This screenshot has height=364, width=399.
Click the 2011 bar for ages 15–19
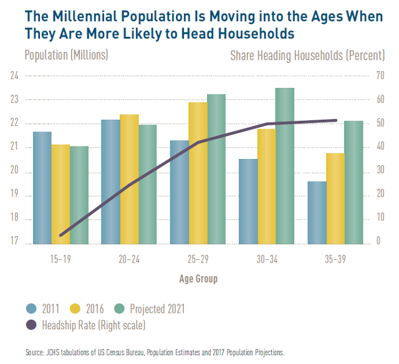pyautogui.click(x=42, y=187)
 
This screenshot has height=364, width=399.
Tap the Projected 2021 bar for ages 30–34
pyautogui.click(x=285, y=165)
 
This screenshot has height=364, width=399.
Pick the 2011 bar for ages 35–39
pyautogui.click(x=317, y=212)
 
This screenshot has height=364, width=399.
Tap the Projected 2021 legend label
pyautogui.click(x=157, y=308)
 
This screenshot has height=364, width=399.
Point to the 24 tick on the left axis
pyautogui.click(x=14, y=76)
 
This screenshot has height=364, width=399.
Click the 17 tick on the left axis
pyautogui.click(x=14, y=244)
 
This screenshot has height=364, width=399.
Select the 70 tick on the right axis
pyautogui.click(x=378, y=76)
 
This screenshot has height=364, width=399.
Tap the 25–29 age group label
pyautogui.click(x=198, y=259)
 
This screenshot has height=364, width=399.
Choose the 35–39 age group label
pyautogui.click(x=335, y=259)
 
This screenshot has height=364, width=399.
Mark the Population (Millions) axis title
pyautogui.click(x=66, y=55)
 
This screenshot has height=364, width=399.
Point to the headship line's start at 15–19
pyautogui.click(x=60, y=235)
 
